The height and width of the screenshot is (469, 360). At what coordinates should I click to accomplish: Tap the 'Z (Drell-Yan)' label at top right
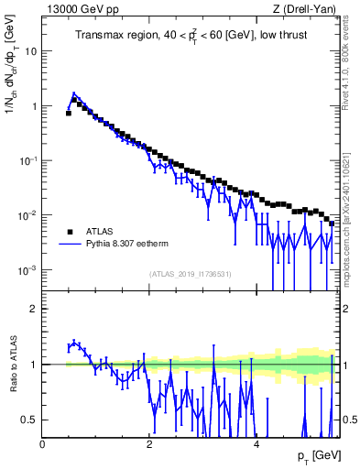tap(309, 9)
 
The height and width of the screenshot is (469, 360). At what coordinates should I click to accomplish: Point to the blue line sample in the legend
tap(70, 245)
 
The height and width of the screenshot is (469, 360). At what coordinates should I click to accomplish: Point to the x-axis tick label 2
tap(149, 442)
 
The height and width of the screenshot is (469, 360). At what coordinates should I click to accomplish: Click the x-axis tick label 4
tap(256, 442)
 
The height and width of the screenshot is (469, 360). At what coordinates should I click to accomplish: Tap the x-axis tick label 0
tap(43, 442)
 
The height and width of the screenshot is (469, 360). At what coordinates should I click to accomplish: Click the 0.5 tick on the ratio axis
tap(31, 420)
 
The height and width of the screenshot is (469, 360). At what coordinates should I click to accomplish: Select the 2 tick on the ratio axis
tap(35, 309)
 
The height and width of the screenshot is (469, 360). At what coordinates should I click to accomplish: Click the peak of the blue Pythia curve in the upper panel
tap(74, 93)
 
